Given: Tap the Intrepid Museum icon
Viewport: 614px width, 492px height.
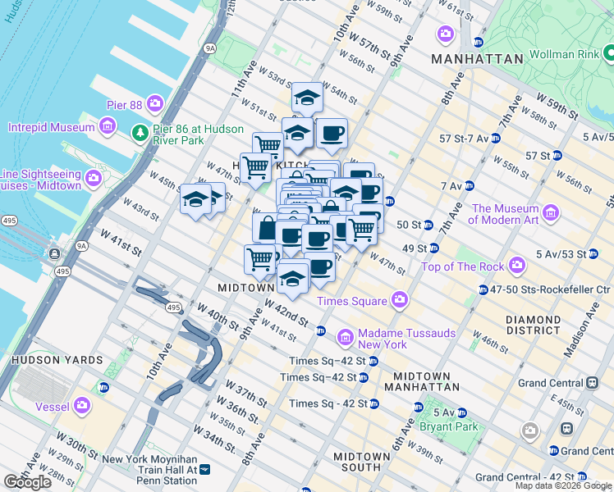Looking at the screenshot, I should click(x=107, y=126).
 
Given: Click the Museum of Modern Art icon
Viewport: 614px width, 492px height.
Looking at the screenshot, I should click(x=551, y=214).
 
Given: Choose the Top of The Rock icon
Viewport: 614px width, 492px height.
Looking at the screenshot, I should click(x=517, y=265).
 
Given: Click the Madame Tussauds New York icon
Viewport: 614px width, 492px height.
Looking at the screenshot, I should click(x=346, y=337).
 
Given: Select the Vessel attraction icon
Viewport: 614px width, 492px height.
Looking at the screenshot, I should click(x=82, y=404).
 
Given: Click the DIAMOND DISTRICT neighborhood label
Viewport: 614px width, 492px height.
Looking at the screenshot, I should click(x=534, y=325).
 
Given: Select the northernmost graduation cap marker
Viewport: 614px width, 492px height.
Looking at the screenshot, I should click(x=307, y=98).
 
